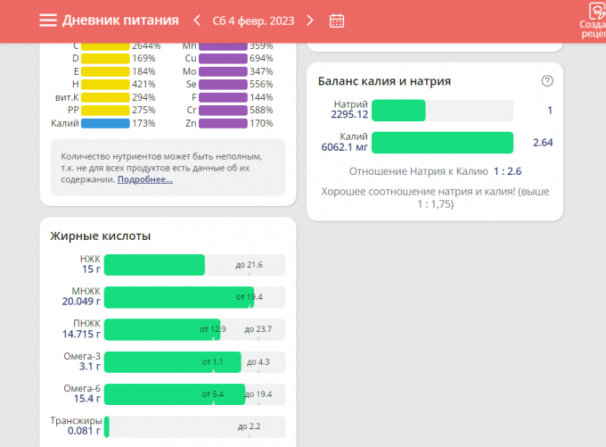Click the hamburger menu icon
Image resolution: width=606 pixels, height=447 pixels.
pos(48,21)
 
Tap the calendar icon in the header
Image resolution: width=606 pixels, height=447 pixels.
pos(337,21)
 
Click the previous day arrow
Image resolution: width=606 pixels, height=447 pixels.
pos(197,21)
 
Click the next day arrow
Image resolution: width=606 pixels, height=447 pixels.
pos(310,21)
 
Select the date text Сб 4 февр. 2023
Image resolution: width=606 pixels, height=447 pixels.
pos(253,21)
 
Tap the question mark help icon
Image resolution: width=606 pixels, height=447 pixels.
pos(547,81)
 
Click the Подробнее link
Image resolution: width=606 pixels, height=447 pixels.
pos(145,179)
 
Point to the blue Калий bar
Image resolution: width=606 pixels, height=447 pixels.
pos(105,123)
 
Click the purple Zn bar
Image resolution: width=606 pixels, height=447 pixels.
pos(223,123)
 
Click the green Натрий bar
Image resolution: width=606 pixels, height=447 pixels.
pos(398,111)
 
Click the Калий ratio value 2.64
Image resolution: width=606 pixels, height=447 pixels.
pos(543,143)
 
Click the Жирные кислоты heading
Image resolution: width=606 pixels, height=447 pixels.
pos(101,236)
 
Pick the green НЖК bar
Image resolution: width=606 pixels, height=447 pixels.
pos(154,265)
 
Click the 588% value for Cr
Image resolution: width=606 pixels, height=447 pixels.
pos(261,111)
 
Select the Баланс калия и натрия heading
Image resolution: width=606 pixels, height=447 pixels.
pos(384,81)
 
